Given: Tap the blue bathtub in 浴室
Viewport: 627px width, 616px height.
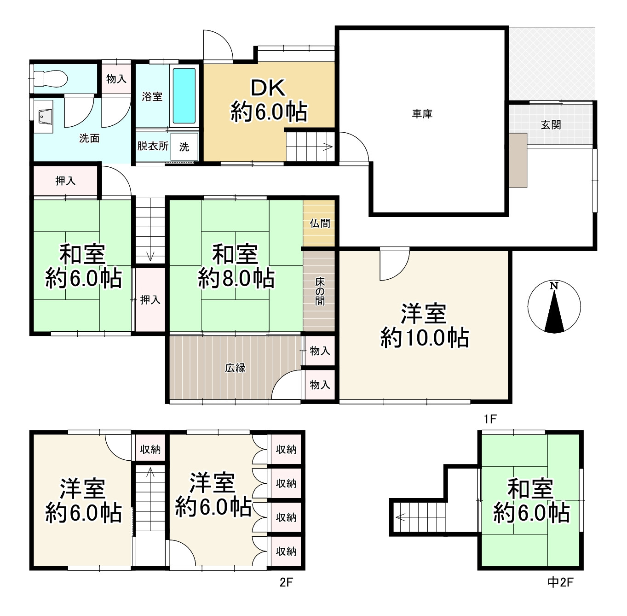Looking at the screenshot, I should pyautogui.click(x=184, y=96).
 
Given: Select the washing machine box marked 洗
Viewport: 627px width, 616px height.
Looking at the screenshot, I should pyautogui.click(x=184, y=147).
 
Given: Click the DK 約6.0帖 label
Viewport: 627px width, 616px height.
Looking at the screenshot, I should pyautogui.click(x=269, y=100).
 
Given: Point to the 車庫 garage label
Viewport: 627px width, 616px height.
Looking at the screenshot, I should pyautogui.click(x=422, y=113).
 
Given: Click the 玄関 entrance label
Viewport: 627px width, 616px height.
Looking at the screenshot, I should pyautogui.click(x=551, y=124).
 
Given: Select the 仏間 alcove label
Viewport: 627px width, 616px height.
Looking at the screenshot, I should pyautogui.click(x=319, y=223).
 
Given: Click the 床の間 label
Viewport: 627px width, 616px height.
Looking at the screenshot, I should pyautogui.click(x=319, y=291).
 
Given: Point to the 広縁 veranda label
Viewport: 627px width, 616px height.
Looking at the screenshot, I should pyautogui.click(x=235, y=368).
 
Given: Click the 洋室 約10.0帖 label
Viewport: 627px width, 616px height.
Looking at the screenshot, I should pyautogui.click(x=424, y=325).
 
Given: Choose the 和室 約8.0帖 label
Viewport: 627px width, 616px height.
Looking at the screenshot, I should pyautogui.click(x=236, y=266).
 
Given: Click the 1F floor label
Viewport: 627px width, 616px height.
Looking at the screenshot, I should pyautogui.click(x=490, y=419).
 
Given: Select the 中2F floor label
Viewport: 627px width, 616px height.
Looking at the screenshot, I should pyautogui.click(x=560, y=582).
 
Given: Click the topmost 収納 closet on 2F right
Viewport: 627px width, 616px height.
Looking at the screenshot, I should pyautogui.click(x=286, y=449).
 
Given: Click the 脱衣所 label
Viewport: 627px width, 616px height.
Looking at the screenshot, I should pyautogui.click(x=152, y=146).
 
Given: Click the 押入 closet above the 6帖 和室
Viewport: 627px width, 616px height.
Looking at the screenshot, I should pyautogui.click(x=65, y=181).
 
